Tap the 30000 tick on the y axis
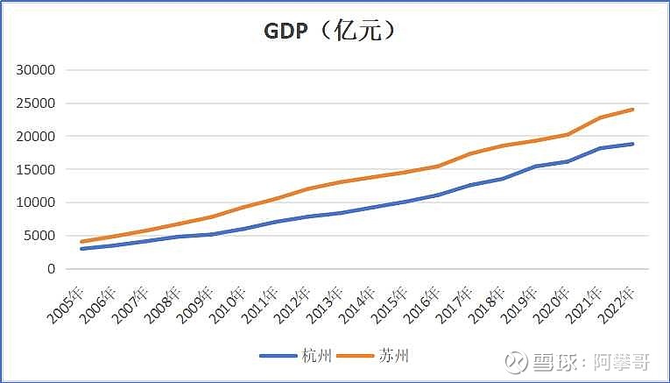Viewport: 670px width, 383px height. coord(38,70)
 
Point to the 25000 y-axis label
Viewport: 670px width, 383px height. coord(38,103)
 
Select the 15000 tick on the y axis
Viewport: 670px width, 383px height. coord(38,170)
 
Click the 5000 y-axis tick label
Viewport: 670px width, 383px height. coord(41,236)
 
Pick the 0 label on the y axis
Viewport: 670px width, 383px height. coord(52,269)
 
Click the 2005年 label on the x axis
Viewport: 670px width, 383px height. coord(68,303)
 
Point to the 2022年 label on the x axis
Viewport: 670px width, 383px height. coord(616,303)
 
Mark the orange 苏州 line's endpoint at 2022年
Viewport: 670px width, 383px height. coord(633,110)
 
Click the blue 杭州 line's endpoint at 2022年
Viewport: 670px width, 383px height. coord(633,144)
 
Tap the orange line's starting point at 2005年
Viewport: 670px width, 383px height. coord(81,242)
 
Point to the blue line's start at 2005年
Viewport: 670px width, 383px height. coord(81,249)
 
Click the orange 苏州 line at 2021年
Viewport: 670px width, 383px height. coord(601,117)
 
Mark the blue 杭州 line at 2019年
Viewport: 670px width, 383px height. coord(535,167)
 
